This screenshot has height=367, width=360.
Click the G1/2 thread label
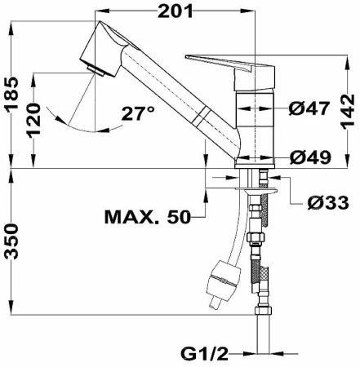[203, 354]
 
